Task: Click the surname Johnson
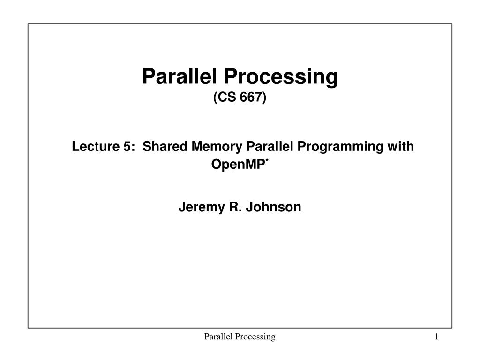[x=273, y=207]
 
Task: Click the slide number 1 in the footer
[x=436, y=337]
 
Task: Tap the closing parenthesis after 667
[x=264, y=98]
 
